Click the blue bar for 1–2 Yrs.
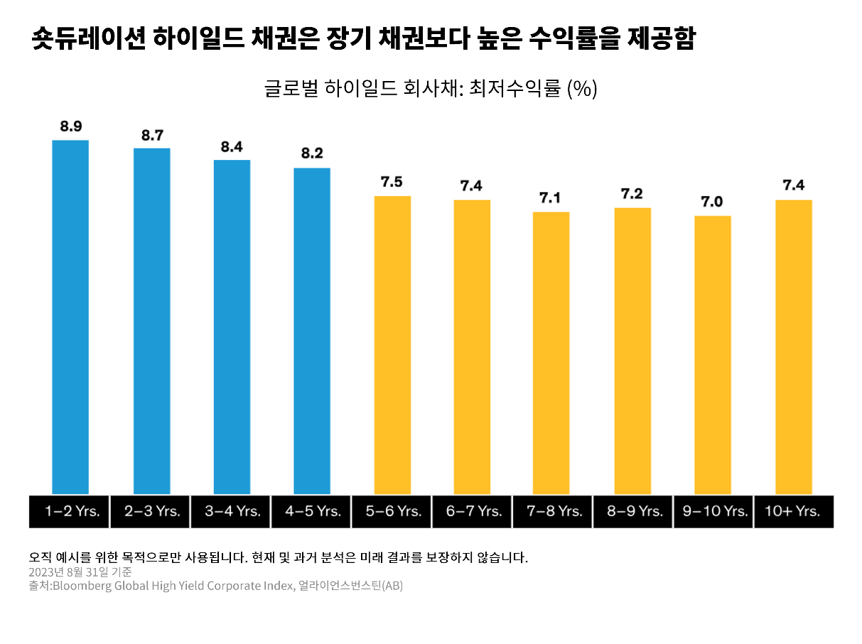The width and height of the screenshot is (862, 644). [70, 316]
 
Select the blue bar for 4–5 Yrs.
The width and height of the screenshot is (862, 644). [312, 331]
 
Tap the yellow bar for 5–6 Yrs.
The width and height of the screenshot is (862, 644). [392, 345]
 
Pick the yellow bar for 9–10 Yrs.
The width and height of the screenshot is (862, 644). [712, 355]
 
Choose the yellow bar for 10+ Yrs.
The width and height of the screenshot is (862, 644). [793, 347]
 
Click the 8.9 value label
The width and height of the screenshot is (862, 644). [70, 127]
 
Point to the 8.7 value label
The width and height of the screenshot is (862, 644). [152, 135]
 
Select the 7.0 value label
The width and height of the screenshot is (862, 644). [712, 203]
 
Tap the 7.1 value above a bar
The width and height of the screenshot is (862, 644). [551, 198]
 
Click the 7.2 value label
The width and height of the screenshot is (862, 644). [632, 194]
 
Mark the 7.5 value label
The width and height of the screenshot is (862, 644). [392, 182]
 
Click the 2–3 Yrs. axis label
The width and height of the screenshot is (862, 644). [152, 511]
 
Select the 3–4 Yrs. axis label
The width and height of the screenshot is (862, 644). [232, 511]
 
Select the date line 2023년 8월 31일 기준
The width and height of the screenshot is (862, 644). [80, 571]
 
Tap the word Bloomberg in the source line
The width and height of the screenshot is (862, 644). [82, 586]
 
